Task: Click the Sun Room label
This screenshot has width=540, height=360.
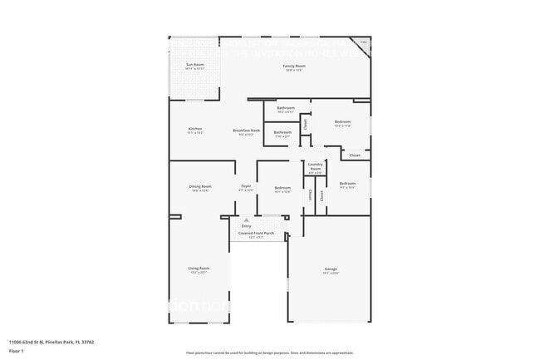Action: [194, 64]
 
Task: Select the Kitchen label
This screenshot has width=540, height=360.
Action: [195, 129]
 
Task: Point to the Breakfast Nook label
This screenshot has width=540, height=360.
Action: [247, 130]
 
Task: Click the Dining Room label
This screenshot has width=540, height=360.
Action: [200, 186]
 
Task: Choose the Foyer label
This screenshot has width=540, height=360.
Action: [246, 186]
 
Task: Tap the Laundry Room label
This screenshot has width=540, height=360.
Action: [315, 167]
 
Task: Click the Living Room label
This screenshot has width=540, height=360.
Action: [199, 268]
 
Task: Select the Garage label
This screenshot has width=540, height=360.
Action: [331, 268]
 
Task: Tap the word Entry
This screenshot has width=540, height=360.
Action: [246, 225]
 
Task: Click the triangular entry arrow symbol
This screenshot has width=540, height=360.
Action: [246, 219]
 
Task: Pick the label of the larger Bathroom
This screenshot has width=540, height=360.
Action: [286, 108]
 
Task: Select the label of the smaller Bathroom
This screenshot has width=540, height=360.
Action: [282, 132]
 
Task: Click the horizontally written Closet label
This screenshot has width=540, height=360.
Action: [355, 155]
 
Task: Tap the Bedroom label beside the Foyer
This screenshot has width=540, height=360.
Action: [282, 188]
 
